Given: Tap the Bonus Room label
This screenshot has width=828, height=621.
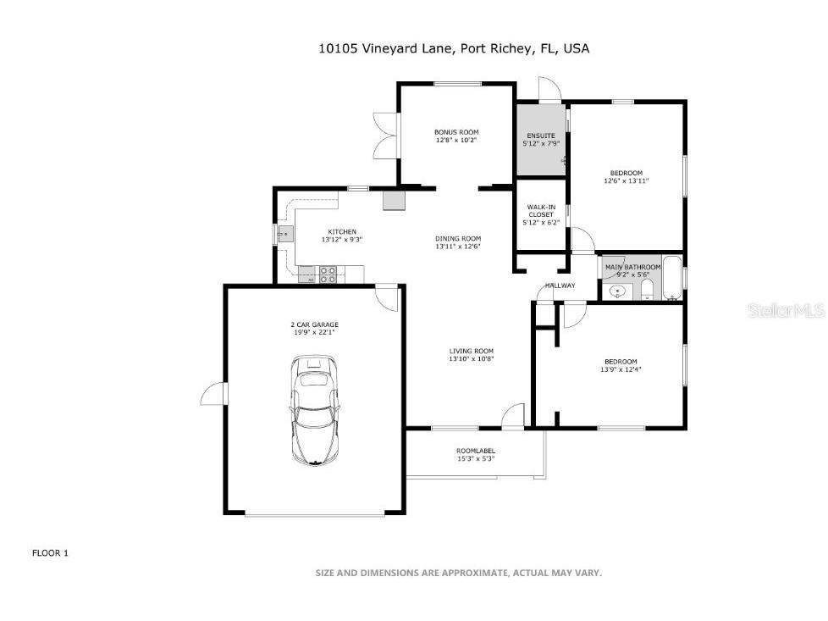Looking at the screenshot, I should click(x=456, y=132).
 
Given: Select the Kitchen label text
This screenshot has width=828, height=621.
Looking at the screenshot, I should click(x=342, y=232).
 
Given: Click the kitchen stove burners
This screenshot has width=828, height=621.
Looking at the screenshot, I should click(x=328, y=274).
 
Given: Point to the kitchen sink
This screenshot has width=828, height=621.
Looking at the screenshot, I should click(x=285, y=232).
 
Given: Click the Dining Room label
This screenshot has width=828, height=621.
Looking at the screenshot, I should click(x=458, y=239).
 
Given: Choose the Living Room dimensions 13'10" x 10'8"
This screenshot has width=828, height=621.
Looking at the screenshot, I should click(x=471, y=359).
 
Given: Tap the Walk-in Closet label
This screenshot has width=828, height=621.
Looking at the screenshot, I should click(x=540, y=210).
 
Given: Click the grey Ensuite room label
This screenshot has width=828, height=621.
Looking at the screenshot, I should click(x=541, y=136).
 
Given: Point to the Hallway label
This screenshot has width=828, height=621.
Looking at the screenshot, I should click(x=560, y=286).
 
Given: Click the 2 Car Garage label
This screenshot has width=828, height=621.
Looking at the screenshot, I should click(x=314, y=324).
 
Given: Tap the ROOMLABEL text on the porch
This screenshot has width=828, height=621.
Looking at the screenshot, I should click(x=475, y=451).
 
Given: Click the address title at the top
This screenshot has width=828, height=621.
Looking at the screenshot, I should click(x=453, y=48).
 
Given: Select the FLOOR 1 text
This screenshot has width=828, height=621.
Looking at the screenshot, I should click(x=50, y=553).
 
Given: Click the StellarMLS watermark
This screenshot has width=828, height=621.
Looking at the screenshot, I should click(x=785, y=311).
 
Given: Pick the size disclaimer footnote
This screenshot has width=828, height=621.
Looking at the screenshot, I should click(x=458, y=574).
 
